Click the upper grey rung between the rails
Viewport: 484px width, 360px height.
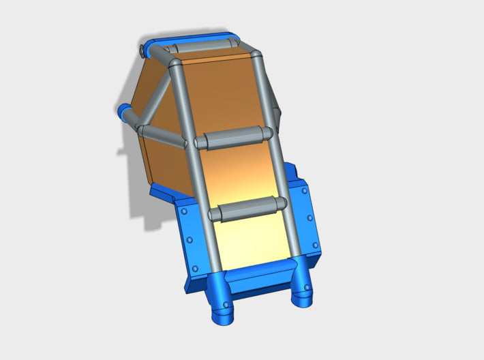click(x=232, y=137)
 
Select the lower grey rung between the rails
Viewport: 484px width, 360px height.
click(x=245, y=209)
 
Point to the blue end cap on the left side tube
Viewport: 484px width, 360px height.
click(x=124, y=111)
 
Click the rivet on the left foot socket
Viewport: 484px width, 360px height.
click(x=225, y=303)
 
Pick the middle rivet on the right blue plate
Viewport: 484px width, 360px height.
click(x=310, y=218)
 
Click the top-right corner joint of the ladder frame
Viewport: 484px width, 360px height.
click(x=255, y=55)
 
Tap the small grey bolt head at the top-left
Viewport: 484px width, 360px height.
click(x=141, y=50)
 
